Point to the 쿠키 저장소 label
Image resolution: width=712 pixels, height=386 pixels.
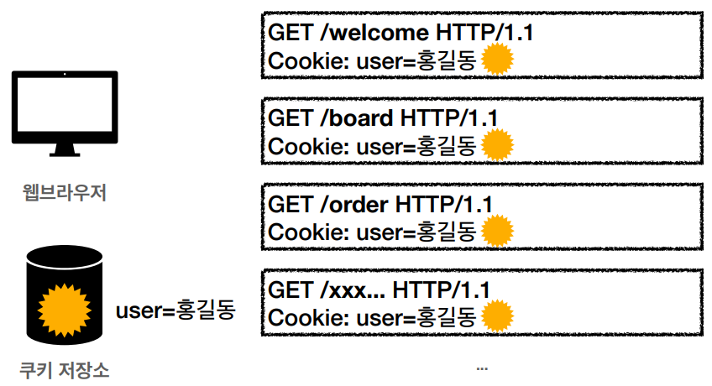[65, 368]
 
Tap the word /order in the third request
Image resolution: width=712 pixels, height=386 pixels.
[355, 204]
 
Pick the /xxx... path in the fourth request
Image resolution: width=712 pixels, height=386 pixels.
[353, 290]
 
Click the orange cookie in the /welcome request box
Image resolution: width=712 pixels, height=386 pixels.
[498, 60]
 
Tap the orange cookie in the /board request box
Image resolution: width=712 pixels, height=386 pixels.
[498, 144]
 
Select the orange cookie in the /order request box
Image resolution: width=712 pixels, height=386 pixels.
[498, 231]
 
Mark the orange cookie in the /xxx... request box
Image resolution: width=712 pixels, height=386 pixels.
[498, 316]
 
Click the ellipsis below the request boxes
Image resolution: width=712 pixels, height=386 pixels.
[481, 368]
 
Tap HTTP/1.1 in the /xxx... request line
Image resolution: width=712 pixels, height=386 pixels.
[442, 290]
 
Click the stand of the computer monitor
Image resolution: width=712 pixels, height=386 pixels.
[65, 149]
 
